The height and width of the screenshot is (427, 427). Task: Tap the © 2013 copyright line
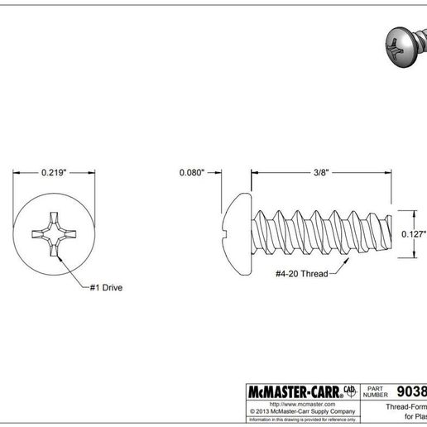tap(302, 411)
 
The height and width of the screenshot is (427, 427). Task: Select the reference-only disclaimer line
tap(302, 420)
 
